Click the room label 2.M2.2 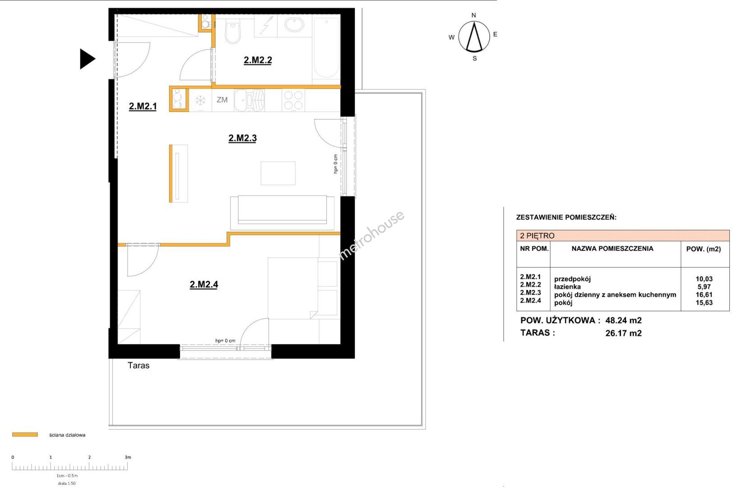tap(258, 60)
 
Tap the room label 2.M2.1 tap(143, 106)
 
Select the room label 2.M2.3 tap(242, 138)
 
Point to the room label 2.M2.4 tap(204, 285)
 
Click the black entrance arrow tap(88, 59)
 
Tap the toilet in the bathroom tap(233, 32)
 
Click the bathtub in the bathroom tap(326, 49)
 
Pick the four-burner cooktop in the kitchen tap(293, 100)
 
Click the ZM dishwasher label tap(222, 100)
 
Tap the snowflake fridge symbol tap(200, 100)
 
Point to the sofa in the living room tap(282, 212)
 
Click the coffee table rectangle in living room tap(278, 173)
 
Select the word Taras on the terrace tap(139, 365)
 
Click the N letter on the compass tap(473, 15)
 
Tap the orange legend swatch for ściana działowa tap(25, 434)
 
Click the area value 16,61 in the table tap(704, 294)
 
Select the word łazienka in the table tap(567, 286)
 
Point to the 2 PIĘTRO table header tap(537, 235)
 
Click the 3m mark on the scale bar tap(128, 457)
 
